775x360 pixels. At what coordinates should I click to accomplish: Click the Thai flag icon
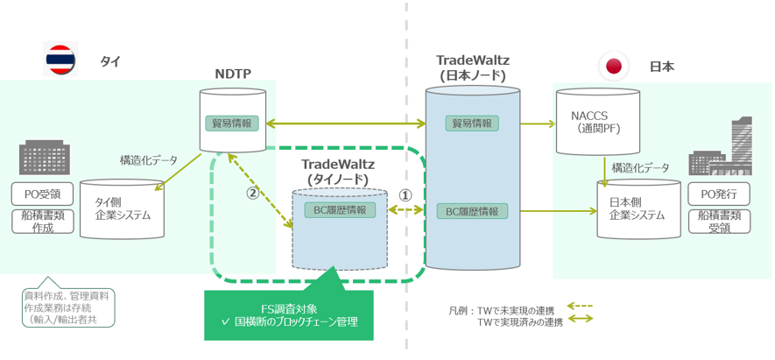(x=60, y=59)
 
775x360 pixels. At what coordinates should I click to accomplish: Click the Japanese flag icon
(x=614, y=66)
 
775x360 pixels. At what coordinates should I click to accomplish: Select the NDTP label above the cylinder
(x=233, y=74)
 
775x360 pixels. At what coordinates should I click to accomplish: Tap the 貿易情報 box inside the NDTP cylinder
(x=232, y=124)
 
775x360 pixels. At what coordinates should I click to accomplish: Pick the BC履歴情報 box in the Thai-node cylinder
(x=339, y=210)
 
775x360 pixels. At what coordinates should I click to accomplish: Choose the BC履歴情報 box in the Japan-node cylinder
(x=472, y=211)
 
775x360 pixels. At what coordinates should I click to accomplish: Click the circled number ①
(x=405, y=194)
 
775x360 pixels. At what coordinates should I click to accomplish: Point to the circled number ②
(x=252, y=193)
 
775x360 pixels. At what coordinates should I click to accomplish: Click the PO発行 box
(x=719, y=193)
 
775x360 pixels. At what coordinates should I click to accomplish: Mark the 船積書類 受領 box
(x=719, y=221)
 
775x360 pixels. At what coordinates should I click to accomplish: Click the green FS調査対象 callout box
(x=288, y=316)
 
